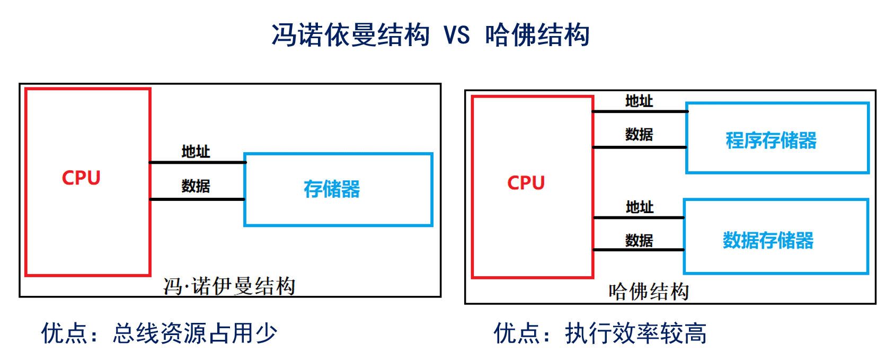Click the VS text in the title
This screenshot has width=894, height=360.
(456, 36)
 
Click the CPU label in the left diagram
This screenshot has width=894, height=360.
(81, 178)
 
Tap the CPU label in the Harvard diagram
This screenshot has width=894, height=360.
(526, 183)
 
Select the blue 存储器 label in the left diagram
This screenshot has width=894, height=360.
(332, 189)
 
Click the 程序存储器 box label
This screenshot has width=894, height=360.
(771, 141)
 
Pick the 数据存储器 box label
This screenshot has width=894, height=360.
(768, 240)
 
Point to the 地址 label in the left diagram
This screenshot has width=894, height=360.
(196, 152)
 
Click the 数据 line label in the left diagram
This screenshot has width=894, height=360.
(196, 186)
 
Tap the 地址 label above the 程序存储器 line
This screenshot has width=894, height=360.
(639, 101)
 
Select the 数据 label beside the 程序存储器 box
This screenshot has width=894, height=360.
(639, 135)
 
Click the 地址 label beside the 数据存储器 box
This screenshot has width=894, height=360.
(639, 207)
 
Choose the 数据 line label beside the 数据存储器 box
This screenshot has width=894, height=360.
(639, 241)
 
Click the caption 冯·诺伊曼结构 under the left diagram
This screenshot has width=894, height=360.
(229, 286)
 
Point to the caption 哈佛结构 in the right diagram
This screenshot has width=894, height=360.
(649, 292)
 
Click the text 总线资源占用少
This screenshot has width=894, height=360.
(194, 333)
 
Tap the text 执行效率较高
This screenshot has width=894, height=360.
(635, 333)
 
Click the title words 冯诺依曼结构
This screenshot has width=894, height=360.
(350, 36)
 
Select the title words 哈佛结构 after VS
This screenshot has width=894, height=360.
(537, 36)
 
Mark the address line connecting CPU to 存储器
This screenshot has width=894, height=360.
(197, 162)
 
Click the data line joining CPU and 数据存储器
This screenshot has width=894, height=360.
(639, 250)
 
